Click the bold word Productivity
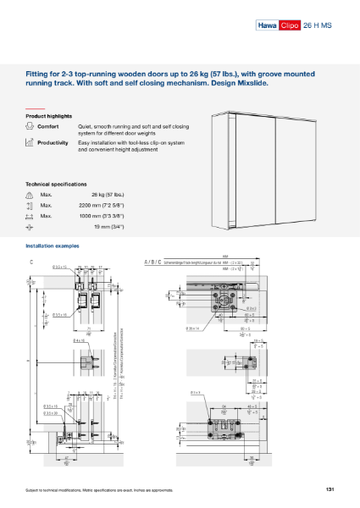[x=53, y=143]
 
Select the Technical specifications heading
[x=56, y=184]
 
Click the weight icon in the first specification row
[x=30, y=195]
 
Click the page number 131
[x=329, y=489]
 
